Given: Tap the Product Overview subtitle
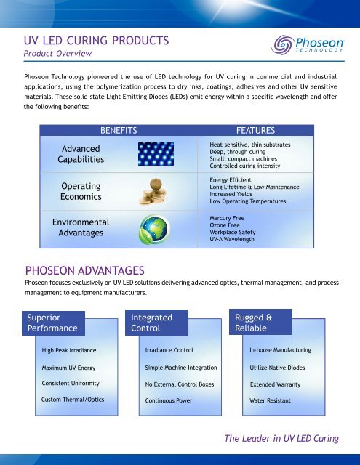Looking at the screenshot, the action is [55, 54].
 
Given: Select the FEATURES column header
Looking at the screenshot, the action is [249, 130].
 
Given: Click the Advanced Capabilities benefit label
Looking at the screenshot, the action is [81, 153].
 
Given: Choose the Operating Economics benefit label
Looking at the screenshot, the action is [81, 191].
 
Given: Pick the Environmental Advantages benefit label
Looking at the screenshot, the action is [81, 227].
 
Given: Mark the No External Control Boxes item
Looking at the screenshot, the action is [178, 383].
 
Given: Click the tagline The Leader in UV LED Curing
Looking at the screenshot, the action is [281, 437].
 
